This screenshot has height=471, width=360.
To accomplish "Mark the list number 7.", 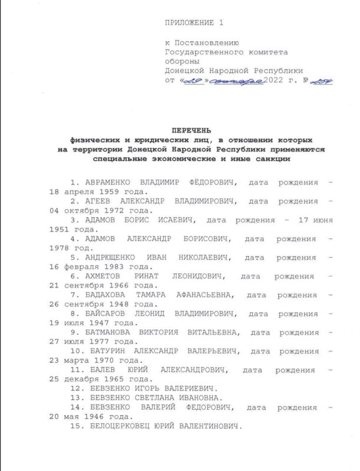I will (74, 294).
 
